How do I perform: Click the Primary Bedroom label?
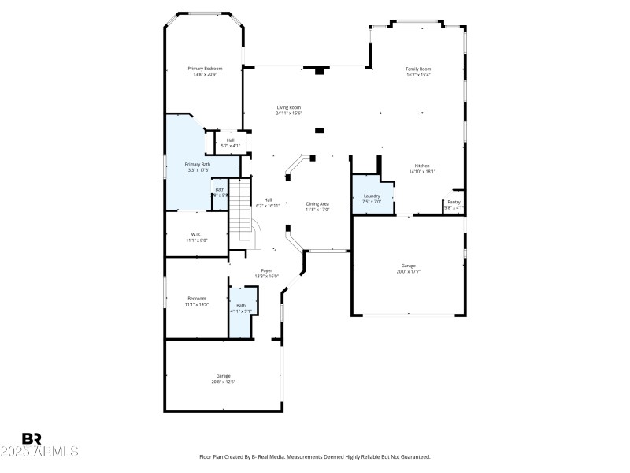tap(205, 69)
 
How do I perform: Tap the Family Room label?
tap(418, 69)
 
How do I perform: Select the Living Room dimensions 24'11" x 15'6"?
tap(288, 114)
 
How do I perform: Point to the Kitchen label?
tap(422, 166)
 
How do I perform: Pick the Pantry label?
tap(454, 202)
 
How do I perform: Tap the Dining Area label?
tap(317, 204)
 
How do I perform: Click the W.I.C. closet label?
tap(197, 234)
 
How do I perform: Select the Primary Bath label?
tap(198, 164)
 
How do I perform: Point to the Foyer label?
tap(267, 270)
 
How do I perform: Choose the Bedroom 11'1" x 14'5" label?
tap(196, 298)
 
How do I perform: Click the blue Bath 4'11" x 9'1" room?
tap(241, 311)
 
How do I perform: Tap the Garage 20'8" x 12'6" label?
tap(224, 376)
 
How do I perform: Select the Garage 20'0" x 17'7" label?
tap(408, 266)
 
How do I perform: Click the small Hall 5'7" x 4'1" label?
tap(230, 140)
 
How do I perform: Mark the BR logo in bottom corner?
tap(32, 438)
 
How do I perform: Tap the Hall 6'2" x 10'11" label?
tap(268, 200)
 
